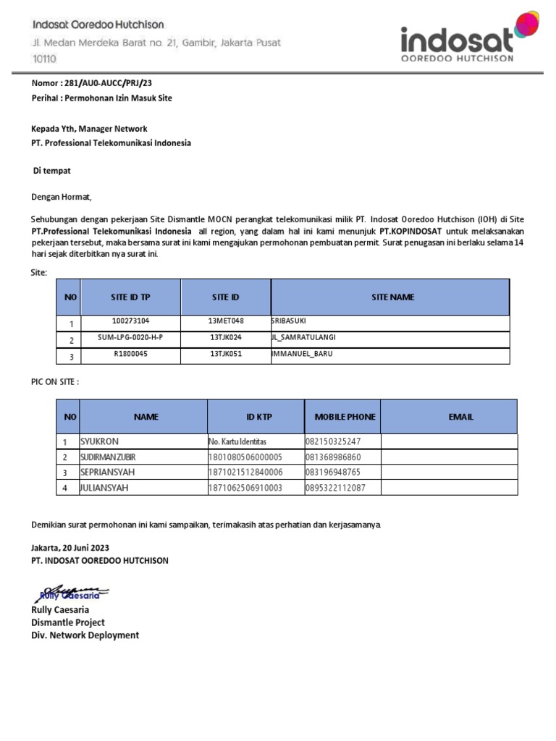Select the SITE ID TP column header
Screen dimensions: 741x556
(130, 297)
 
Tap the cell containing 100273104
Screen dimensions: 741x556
(130, 321)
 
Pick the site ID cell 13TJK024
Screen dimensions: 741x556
(226, 337)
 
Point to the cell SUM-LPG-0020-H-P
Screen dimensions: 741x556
(130, 337)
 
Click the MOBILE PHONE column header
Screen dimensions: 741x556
(345, 417)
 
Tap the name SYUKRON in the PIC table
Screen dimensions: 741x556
(99, 441)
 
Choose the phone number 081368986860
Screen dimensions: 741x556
(333, 457)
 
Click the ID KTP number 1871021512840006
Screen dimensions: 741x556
(245, 473)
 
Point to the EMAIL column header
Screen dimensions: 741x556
(460, 417)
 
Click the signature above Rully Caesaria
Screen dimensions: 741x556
(72, 593)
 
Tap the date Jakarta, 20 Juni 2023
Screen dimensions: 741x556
(70, 548)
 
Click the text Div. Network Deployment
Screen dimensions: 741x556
(85, 635)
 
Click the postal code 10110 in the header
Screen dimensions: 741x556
(44, 58)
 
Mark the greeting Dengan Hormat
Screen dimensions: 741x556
(62, 196)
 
